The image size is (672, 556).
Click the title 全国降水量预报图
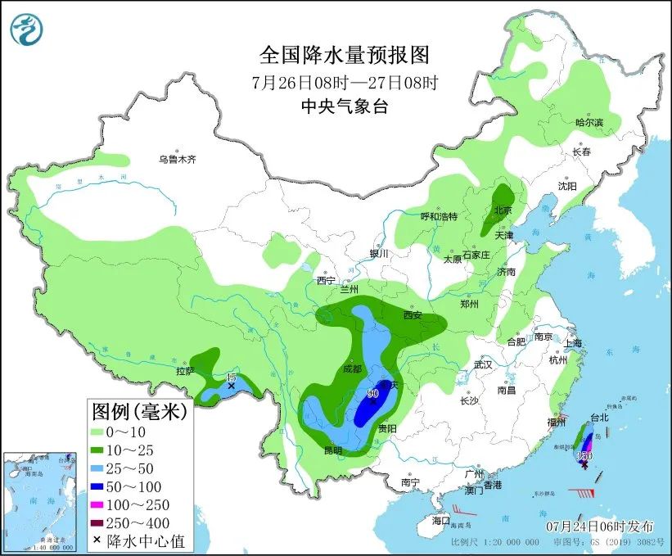[x=344, y=55]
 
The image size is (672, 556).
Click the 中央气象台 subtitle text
[x=344, y=105]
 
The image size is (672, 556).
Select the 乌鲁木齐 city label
[x=178, y=159]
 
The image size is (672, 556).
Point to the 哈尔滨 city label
[x=589, y=122]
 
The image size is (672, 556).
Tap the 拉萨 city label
[x=185, y=371]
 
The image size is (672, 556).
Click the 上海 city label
[x=572, y=343]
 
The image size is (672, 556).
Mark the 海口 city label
[x=441, y=521]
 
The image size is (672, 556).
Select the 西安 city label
[x=413, y=314]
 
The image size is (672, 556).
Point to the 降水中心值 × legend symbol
[x=97, y=540]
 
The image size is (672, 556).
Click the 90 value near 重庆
[x=373, y=394]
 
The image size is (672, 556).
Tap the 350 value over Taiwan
[x=584, y=455]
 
